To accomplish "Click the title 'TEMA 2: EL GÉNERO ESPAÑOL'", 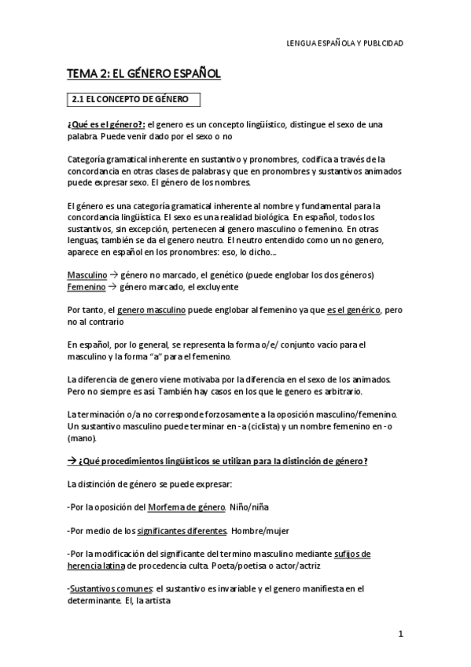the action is point(143,74).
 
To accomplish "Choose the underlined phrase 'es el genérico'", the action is point(354,311).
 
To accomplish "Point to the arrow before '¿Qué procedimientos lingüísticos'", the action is point(72,461).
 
